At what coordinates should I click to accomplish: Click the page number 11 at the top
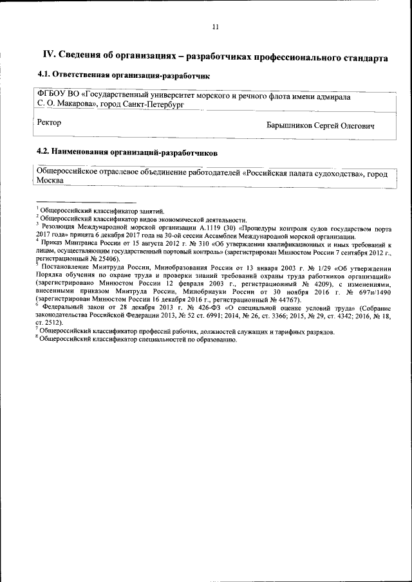pyautogui.click(x=215, y=27)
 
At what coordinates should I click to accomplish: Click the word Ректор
pyautogui.click(x=50, y=122)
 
